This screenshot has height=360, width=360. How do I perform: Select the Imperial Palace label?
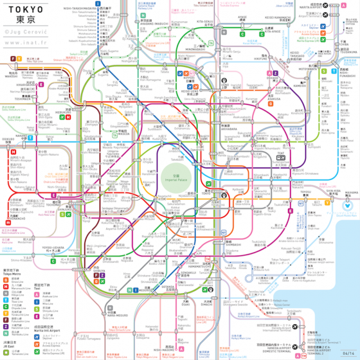click(186, 177)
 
